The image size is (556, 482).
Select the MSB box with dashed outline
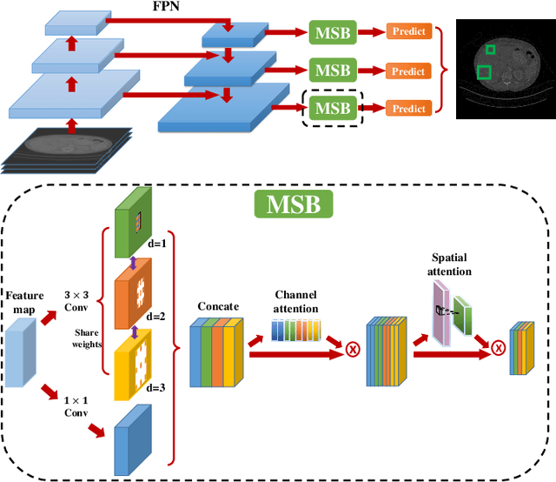click(x=332, y=109)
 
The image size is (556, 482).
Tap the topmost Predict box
click(x=408, y=32)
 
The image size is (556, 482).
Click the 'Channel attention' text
click(x=297, y=302)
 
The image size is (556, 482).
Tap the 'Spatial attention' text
click(x=450, y=264)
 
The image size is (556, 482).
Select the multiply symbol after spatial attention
click(x=499, y=349)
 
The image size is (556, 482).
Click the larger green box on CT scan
click(x=484, y=72)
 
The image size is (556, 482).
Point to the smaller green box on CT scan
click(x=491, y=50)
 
